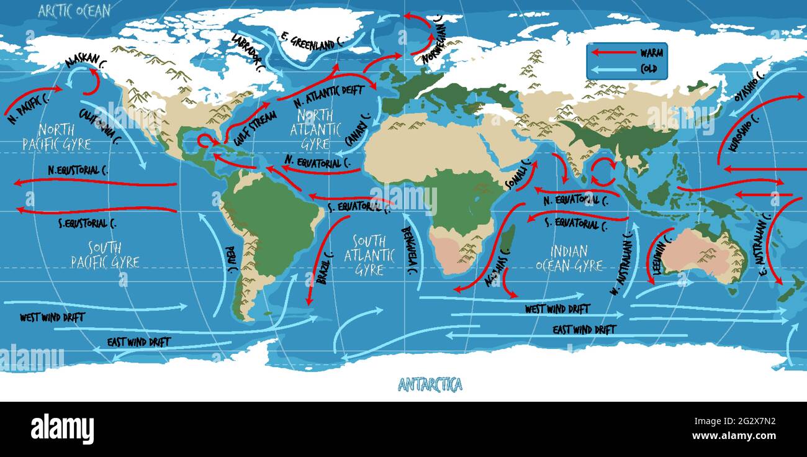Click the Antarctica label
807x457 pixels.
click(x=430, y=385)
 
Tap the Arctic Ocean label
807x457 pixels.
click(x=74, y=11)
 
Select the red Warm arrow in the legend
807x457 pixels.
click(x=613, y=53)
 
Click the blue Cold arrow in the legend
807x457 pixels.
click(x=613, y=69)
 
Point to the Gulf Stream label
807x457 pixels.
click(x=246, y=124)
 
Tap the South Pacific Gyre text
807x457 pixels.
click(x=105, y=255)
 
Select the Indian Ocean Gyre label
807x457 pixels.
click(x=569, y=258)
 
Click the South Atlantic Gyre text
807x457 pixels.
click(x=374, y=255)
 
